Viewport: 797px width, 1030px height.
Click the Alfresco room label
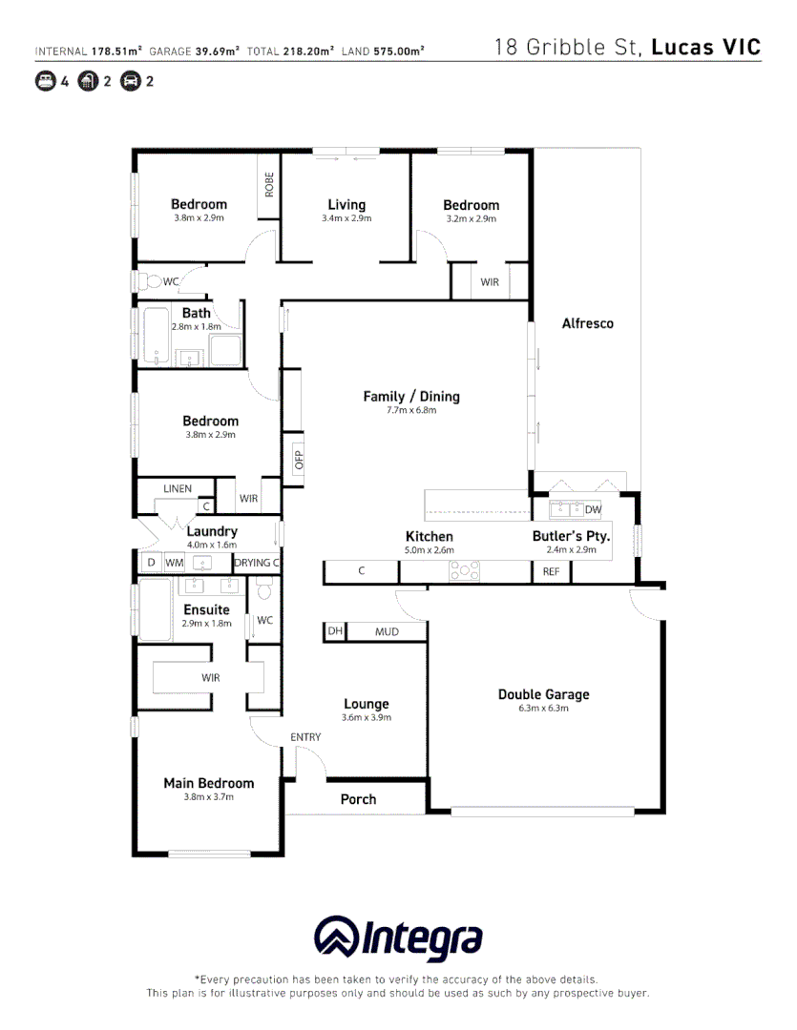[x=587, y=323]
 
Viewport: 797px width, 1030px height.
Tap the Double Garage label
[x=543, y=694]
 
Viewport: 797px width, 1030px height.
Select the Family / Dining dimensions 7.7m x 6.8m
[x=411, y=411]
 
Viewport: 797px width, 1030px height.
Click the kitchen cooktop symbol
[x=464, y=571]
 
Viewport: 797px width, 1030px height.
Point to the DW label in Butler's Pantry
[x=593, y=509]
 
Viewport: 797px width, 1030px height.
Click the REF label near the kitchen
[x=551, y=572]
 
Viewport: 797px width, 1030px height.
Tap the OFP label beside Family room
[x=298, y=461]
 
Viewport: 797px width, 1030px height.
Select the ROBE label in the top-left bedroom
[x=269, y=183]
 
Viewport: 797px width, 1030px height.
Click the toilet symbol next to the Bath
[x=150, y=281]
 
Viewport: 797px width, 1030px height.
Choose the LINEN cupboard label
[x=177, y=489]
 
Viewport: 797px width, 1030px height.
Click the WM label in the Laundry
[x=175, y=563]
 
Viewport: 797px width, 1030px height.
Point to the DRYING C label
[x=257, y=563]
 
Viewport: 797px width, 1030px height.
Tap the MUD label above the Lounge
[x=387, y=632]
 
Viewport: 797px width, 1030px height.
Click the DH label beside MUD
[x=335, y=632]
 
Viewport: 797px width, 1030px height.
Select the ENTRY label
[x=305, y=737]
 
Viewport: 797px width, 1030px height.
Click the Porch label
[x=358, y=799]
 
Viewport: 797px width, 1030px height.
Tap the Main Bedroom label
[x=208, y=783]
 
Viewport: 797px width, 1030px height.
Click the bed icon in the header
[x=45, y=81]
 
